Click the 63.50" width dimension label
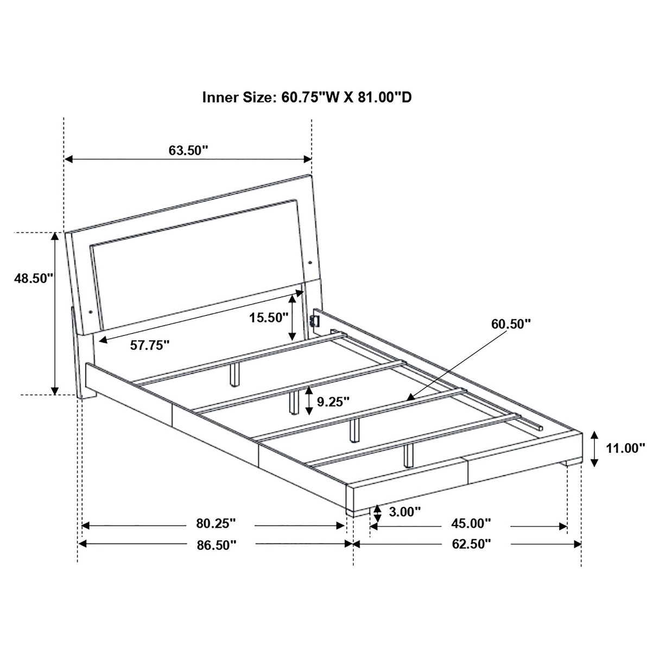[188, 150]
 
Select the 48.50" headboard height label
[34, 278]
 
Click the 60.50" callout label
[511, 325]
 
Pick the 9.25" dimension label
[333, 402]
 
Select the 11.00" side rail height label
[626, 448]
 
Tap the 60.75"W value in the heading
[311, 97]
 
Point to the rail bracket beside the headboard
[313, 319]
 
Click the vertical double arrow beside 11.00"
[595, 448]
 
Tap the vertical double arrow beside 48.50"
[55, 313]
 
